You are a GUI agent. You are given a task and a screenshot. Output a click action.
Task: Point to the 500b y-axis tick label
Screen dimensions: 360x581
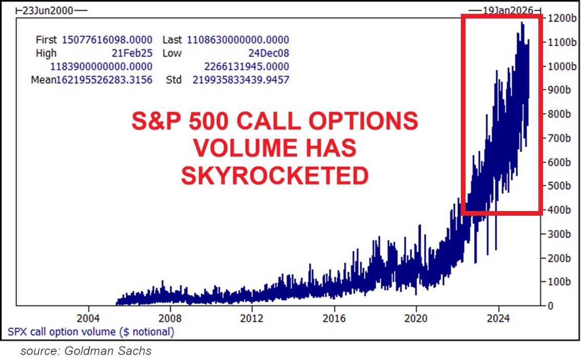(559, 186)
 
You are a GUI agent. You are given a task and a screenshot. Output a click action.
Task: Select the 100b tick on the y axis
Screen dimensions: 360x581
(559, 282)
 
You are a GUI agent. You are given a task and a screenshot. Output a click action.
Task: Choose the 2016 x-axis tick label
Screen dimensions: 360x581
(334, 317)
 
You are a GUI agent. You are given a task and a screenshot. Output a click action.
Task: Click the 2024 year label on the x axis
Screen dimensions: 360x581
(499, 317)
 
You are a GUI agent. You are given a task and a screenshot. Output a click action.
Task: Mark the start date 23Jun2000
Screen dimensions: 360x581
(46, 10)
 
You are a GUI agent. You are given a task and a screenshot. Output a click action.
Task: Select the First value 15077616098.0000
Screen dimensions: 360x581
(107, 40)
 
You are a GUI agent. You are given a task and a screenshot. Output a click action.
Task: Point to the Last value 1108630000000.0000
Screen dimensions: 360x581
(238, 40)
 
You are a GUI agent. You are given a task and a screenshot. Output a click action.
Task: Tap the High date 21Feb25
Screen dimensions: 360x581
(131, 53)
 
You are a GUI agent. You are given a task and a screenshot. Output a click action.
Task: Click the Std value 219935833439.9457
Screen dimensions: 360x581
(241, 80)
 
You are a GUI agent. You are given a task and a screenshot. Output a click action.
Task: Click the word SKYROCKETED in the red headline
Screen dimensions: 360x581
(275, 176)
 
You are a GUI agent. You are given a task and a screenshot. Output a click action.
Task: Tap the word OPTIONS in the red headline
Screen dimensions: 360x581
(362, 122)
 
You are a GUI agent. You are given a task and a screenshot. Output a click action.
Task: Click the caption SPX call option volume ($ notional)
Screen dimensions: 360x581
(91, 332)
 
